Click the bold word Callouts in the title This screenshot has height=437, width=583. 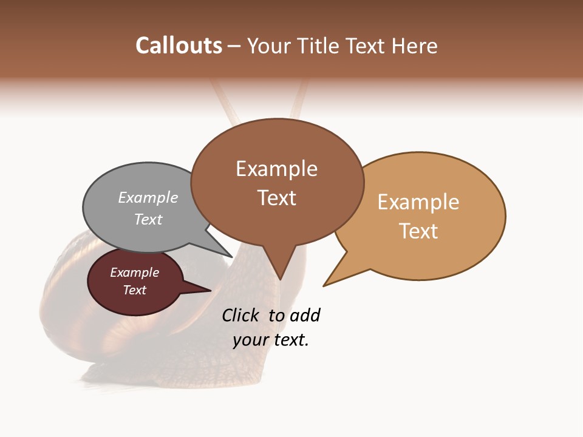(x=179, y=46)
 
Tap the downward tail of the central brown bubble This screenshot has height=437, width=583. (x=279, y=270)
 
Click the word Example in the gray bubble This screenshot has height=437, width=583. (x=148, y=198)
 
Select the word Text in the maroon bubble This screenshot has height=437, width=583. (x=135, y=290)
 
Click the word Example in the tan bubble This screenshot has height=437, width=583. (x=418, y=202)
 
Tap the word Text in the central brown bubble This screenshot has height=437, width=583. (x=277, y=198)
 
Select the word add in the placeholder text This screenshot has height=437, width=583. (x=305, y=315)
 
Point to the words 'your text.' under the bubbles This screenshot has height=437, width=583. (x=271, y=340)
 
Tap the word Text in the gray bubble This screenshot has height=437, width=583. (x=148, y=219)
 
